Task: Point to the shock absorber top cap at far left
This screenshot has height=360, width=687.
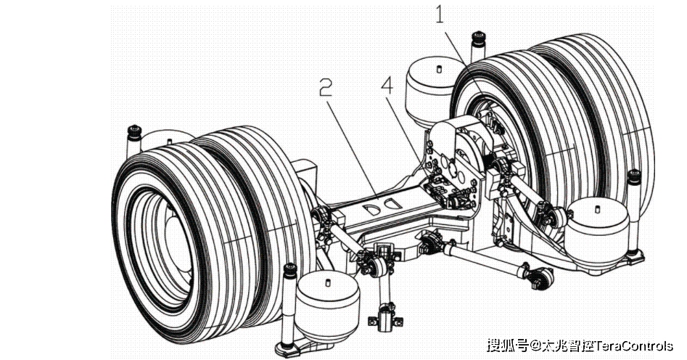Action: pyautogui.click(x=133, y=131)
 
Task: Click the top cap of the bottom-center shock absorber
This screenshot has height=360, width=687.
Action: pyautogui.click(x=289, y=271)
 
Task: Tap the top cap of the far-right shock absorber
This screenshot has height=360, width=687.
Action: pyautogui.click(x=633, y=176)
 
